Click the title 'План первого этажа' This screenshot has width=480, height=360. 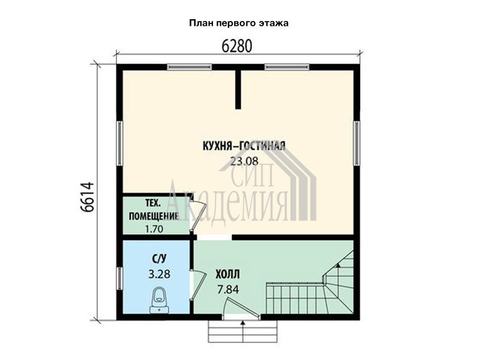click(x=239, y=23)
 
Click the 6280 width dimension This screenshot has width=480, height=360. click(x=236, y=46)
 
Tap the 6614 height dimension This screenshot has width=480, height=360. click(x=88, y=197)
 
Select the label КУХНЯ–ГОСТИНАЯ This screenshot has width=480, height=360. click(x=244, y=146)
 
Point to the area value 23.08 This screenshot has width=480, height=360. click(x=244, y=161)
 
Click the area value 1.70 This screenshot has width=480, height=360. click(x=154, y=229)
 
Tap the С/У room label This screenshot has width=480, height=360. click(x=159, y=259)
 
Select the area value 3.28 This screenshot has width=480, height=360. click(x=159, y=274)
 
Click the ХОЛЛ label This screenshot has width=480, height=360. click(x=228, y=274)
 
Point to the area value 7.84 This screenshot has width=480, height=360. click(x=228, y=289)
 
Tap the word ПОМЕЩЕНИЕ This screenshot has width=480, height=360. click(x=154, y=216)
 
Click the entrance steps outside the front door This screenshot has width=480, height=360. click(x=243, y=331)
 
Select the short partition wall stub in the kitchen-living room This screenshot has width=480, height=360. click(x=238, y=89)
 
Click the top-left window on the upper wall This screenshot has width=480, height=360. click(x=189, y=67)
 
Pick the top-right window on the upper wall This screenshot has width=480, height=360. click(x=287, y=67)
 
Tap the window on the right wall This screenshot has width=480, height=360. click(x=356, y=143)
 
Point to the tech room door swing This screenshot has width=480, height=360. click(x=197, y=214)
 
